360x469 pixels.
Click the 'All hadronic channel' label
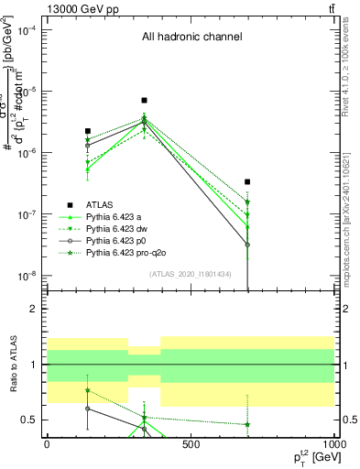click(x=191, y=38)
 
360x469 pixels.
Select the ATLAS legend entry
click(x=101, y=204)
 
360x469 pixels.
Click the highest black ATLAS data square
click(x=144, y=100)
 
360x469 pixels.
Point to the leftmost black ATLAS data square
click(x=87, y=131)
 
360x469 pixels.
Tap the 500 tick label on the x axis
click(x=191, y=443)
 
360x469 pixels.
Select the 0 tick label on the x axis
click(x=47, y=443)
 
